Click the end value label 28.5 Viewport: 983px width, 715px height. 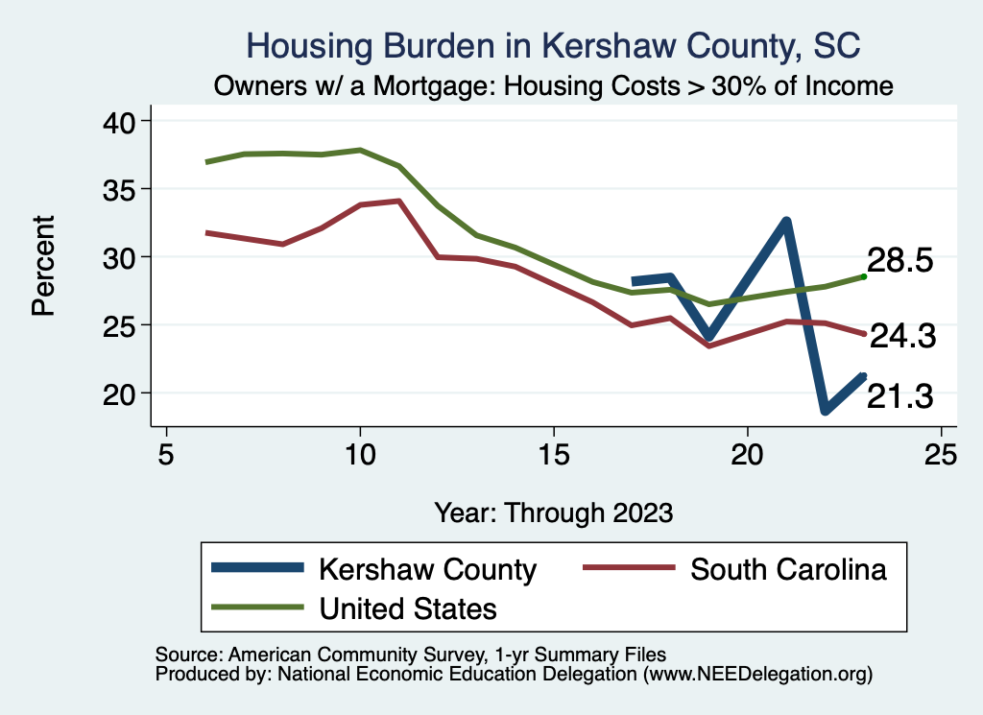click(x=899, y=261)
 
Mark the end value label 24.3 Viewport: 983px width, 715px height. click(x=899, y=336)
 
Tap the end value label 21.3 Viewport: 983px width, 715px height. click(x=899, y=396)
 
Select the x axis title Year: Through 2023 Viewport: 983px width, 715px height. click(x=553, y=512)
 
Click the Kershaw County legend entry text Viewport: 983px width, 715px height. click(x=427, y=569)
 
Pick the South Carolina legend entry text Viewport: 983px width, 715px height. click(x=788, y=569)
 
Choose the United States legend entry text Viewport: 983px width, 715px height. click(x=408, y=608)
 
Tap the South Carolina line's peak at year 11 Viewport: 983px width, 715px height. click(x=398, y=201)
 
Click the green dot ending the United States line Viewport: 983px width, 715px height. click(x=864, y=276)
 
